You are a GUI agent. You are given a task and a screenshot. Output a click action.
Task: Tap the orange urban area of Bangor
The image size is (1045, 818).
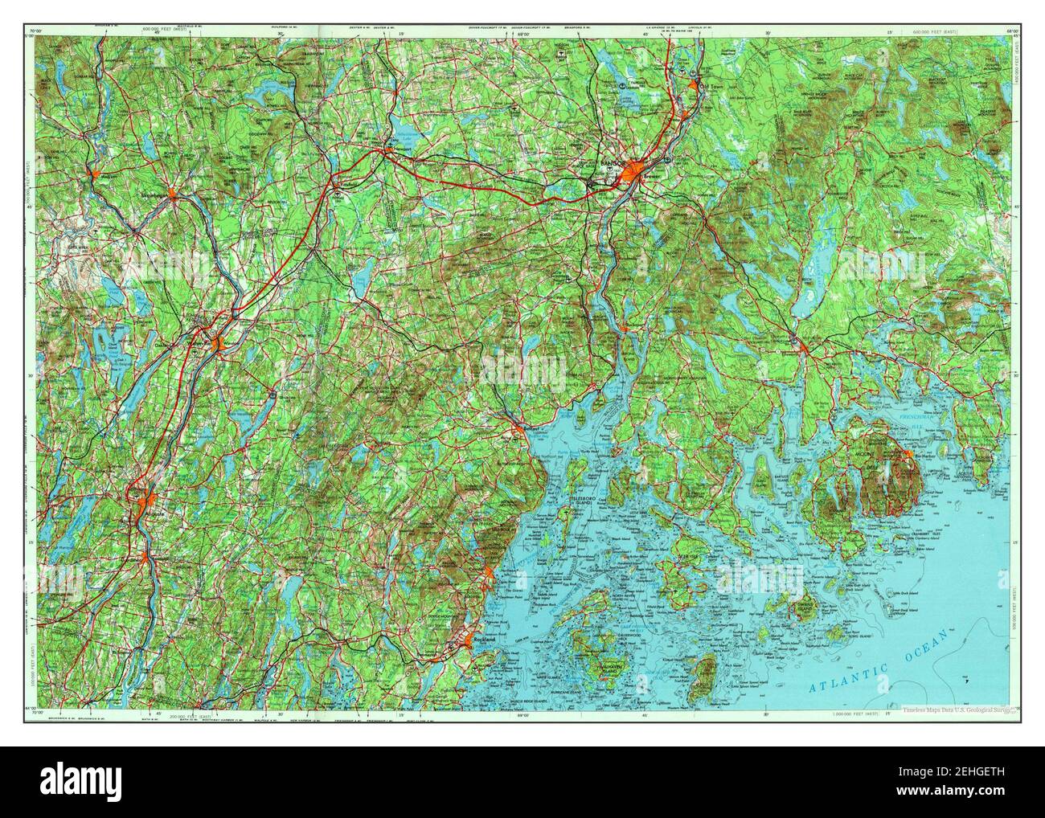(635, 171)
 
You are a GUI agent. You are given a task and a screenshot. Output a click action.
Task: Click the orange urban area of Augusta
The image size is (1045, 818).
(149, 505)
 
